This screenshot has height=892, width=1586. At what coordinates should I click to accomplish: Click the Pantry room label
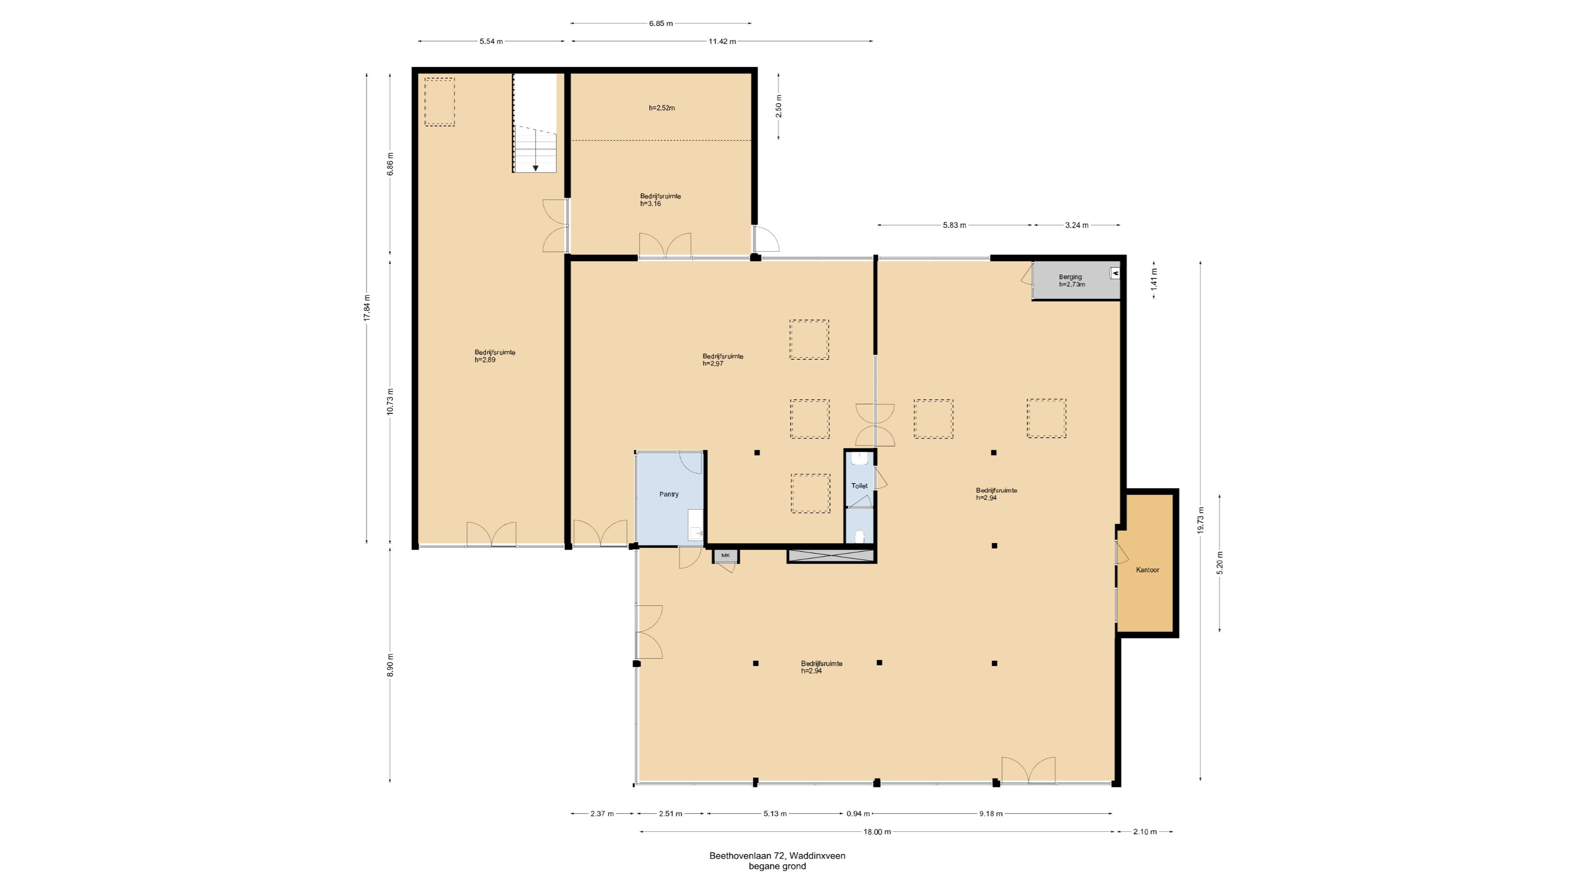[x=669, y=494]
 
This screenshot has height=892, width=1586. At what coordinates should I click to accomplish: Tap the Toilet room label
[x=859, y=486]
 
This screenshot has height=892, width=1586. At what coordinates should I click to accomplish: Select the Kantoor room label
[x=1148, y=570]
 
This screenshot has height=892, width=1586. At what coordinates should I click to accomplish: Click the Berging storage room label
[x=1070, y=277]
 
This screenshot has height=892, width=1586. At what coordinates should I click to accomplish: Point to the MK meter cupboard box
[x=726, y=556]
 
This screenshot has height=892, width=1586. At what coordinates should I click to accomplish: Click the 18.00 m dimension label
[x=877, y=832]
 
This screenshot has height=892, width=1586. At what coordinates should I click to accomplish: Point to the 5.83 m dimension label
[x=954, y=225]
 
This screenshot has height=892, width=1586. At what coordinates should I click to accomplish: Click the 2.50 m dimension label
[x=779, y=107]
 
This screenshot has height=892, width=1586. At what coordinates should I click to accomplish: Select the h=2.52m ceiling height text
[x=662, y=108]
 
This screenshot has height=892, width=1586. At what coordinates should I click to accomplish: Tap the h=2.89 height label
[x=485, y=360]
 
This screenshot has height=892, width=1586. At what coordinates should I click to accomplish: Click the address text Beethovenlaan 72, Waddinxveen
[x=777, y=856]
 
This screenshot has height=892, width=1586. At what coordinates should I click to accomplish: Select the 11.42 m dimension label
[x=722, y=41]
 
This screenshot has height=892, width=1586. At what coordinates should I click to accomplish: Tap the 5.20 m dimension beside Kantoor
[x=1220, y=562]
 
